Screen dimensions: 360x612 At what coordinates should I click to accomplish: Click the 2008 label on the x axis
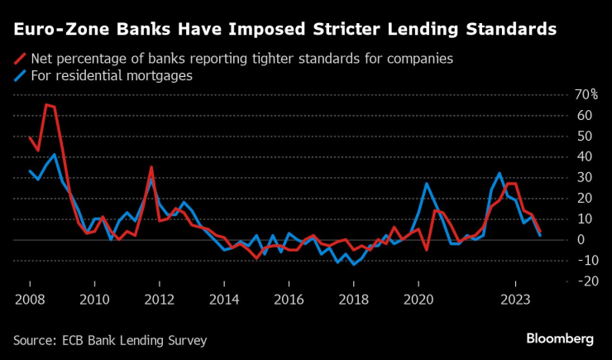coord(30,300)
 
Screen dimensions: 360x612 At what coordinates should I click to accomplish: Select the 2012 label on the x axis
coord(159,300)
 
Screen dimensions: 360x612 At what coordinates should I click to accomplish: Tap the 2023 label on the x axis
coord(515,300)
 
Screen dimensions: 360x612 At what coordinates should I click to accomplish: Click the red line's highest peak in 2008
coord(45,104)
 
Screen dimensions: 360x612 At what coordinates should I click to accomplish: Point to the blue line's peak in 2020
coord(426,183)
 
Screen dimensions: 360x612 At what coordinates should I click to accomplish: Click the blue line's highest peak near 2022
coord(499,173)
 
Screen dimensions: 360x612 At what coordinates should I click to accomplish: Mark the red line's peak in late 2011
coord(151,166)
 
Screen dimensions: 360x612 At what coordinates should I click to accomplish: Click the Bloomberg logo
coord(560,338)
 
